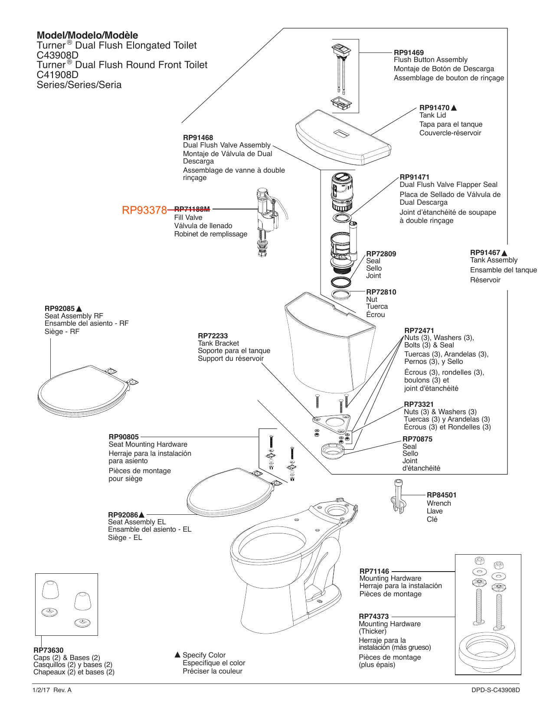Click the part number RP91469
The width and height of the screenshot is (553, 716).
pyautogui.click(x=409, y=52)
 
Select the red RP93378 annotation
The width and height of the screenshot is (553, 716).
pyautogui.click(x=144, y=210)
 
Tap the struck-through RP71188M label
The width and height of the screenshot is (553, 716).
pyautogui.click(x=192, y=209)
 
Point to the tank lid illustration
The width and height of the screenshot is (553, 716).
pyautogui.click(x=343, y=137)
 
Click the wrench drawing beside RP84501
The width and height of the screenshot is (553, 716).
pyautogui.click(x=399, y=497)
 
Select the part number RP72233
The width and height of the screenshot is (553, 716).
pyautogui.click(x=213, y=336)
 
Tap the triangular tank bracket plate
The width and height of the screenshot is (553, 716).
pyautogui.click(x=332, y=422)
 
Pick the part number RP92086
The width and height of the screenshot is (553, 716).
pyautogui.click(x=123, y=515)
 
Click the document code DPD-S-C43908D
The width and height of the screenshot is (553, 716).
pyautogui.click(x=495, y=690)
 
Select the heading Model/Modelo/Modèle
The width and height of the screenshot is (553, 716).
pyautogui.click(x=87, y=36)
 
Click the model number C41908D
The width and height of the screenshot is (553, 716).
pyautogui.click(x=58, y=75)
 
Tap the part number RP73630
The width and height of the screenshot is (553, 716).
pyautogui.click(x=48, y=650)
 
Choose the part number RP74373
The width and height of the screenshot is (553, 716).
pyautogui.click(x=373, y=616)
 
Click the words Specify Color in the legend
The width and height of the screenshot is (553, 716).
pyautogui.click(x=204, y=655)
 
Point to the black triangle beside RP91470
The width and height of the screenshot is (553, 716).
pyautogui.click(x=454, y=108)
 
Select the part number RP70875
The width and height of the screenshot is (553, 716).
pyautogui.click(x=417, y=439)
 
